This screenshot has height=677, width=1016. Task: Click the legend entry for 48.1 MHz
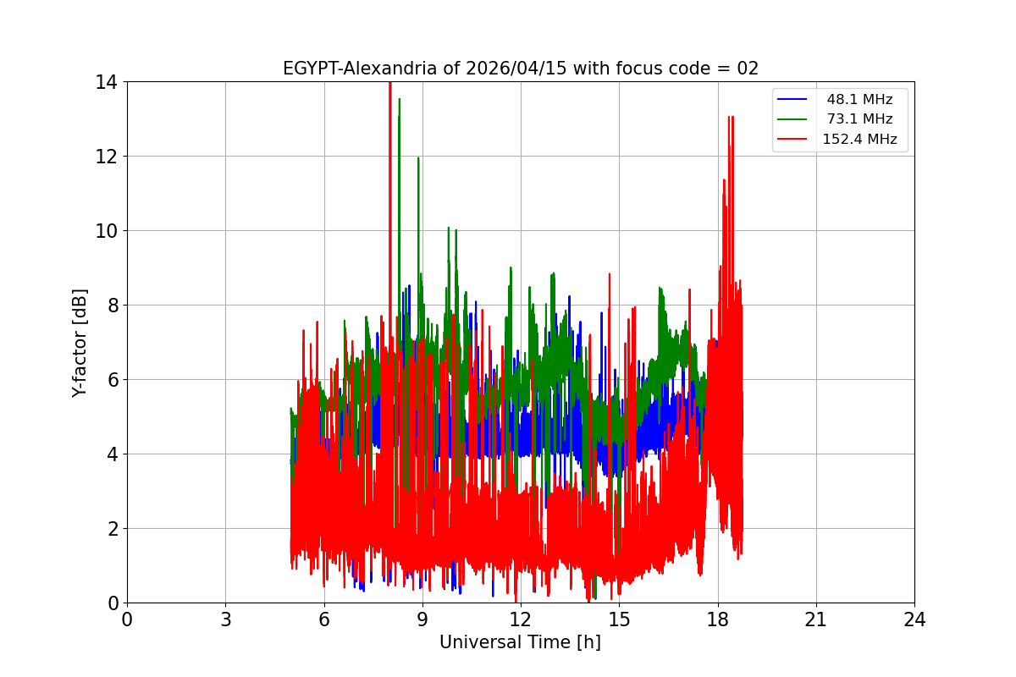[x=859, y=100]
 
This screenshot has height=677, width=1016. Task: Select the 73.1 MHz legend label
[x=859, y=119]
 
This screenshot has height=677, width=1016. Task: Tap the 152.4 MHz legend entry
[x=859, y=140]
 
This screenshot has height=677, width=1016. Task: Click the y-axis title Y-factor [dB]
[x=80, y=343]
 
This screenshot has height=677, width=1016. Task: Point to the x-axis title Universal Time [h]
[x=520, y=642]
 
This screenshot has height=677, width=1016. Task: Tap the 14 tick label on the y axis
[x=108, y=82]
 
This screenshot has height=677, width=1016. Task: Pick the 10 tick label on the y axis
[x=108, y=231]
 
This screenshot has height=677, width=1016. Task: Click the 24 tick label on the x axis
[x=914, y=619]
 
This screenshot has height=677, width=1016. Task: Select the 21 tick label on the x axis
[x=816, y=619]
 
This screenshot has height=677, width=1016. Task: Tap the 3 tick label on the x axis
[x=225, y=619]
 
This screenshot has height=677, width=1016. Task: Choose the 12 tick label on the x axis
[x=521, y=619]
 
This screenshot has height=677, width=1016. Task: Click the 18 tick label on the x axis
[x=718, y=619]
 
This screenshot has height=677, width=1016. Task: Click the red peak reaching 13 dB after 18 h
[x=730, y=118]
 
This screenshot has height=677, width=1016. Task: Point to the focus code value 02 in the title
[x=748, y=69]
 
